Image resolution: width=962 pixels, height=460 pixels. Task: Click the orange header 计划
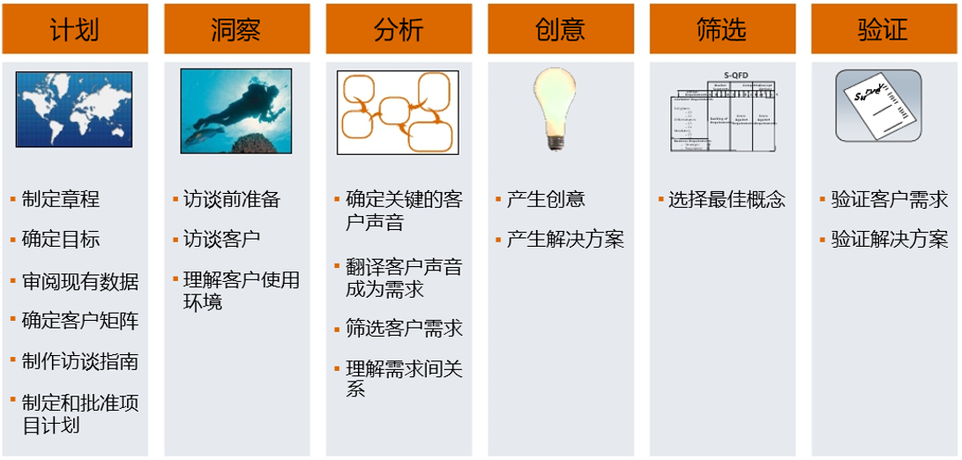tap(75, 29)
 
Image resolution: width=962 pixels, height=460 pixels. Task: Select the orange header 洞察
tap(236, 29)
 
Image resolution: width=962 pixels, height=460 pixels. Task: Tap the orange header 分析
tap(399, 29)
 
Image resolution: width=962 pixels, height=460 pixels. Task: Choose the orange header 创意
tap(560, 29)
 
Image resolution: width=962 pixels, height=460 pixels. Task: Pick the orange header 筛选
tap(722, 29)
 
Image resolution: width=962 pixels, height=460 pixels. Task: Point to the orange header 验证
tap(884, 29)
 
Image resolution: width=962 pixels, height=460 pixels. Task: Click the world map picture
tap(74, 108)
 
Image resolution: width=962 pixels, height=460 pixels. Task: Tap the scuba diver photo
tap(235, 110)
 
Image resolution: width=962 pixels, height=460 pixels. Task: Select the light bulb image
tap(556, 109)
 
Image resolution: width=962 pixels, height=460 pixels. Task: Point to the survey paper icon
tap(878, 107)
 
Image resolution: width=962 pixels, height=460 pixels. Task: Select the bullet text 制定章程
tap(61, 199)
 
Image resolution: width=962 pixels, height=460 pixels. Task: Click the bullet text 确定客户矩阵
tap(80, 321)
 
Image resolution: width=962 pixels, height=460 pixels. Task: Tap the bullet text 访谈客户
tap(221, 240)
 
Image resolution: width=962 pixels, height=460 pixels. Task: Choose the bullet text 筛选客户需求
tap(404, 329)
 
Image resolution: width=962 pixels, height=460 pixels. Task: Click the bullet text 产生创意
tap(546, 199)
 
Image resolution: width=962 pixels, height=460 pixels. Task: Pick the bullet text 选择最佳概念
tap(727, 199)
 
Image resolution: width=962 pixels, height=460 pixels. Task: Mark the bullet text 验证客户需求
tap(889, 199)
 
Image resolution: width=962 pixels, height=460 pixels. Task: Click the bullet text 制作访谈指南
tap(80, 361)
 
